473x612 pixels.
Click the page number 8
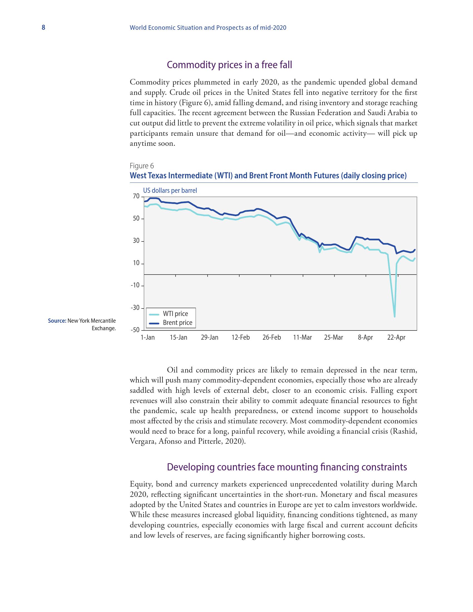pos(43,28)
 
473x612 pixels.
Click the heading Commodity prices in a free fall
pos(229,65)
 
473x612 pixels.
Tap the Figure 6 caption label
pos(142,166)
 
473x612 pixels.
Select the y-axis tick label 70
pos(136,196)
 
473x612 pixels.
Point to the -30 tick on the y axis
pos(135,308)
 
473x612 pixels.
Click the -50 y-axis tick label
pos(135,330)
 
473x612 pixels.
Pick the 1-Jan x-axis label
pos(147,337)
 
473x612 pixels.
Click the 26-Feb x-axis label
pos(272,337)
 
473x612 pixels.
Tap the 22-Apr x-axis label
pos(396,337)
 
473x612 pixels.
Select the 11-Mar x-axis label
pos(302,337)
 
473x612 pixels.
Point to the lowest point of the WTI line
pos(395,317)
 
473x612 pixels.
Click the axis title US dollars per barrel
pos(170,191)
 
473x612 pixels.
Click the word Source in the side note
pos(57,321)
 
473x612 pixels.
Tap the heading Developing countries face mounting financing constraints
pos(287,467)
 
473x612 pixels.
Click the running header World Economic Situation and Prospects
pos(208,28)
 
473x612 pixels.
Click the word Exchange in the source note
pos(104,328)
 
